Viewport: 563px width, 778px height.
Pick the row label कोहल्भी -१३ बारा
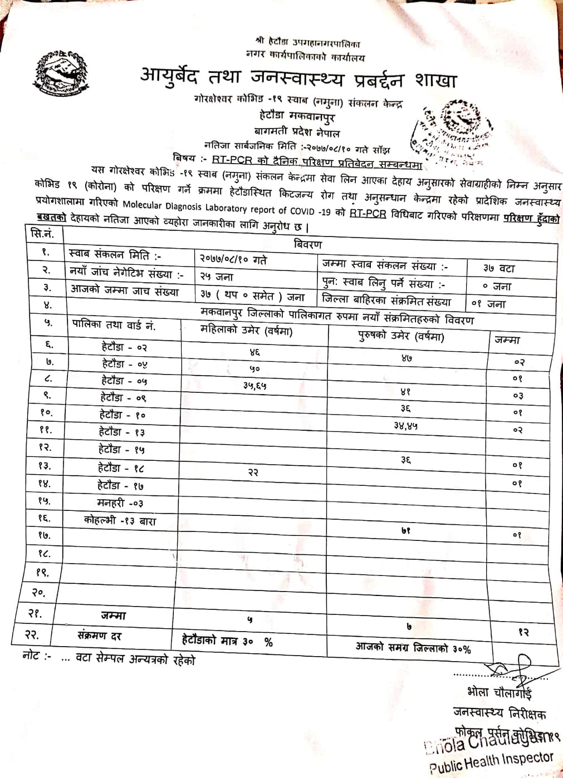pyautogui.click(x=120, y=521)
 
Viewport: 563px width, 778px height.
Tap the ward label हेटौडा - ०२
pyautogui.click(x=124, y=347)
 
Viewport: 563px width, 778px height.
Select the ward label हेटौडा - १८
pyautogui.click(x=121, y=469)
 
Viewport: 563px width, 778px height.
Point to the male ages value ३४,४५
pyautogui.click(x=405, y=426)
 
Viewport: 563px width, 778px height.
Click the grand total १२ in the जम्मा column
pyautogui.click(x=523, y=632)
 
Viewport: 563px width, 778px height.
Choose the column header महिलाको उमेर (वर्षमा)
pyautogui.click(x=246, y=331)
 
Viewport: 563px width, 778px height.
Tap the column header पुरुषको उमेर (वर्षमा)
pyautogui.click(x=401, y=336)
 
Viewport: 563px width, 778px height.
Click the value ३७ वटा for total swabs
pyautogui.click(x=499, y=268)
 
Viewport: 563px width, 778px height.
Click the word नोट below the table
pyautogui.click(x=32, y=656)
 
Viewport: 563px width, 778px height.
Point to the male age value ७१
pyautogui.click(x=406, y=530)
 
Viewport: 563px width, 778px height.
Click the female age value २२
pyautogui.click(x=253, y=472)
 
